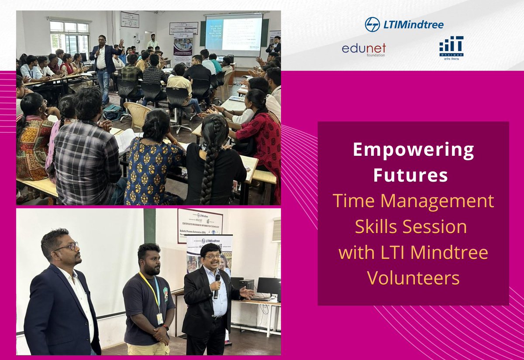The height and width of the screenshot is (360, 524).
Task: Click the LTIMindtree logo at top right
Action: click(404, 24)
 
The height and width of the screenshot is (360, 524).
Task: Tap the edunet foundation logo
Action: click(364, 49)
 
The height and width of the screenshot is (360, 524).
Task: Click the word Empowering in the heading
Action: click(413, 151)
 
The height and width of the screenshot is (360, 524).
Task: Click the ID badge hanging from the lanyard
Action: click(159, 318)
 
